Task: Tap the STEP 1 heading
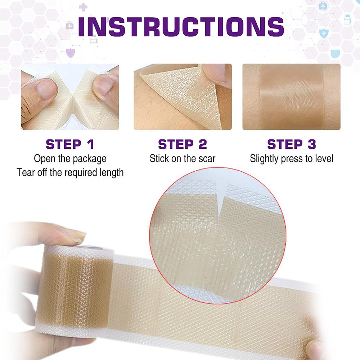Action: click(70, 144)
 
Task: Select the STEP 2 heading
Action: click(183, 144)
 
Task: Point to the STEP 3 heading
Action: click(291, 144)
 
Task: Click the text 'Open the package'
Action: click(70, 158)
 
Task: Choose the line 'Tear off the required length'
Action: click(70, 172)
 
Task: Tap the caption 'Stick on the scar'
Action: click(183, 158)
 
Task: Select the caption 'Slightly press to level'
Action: click(291, 158)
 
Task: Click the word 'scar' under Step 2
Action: click(207, 158)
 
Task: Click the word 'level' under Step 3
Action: click(323, 158)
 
